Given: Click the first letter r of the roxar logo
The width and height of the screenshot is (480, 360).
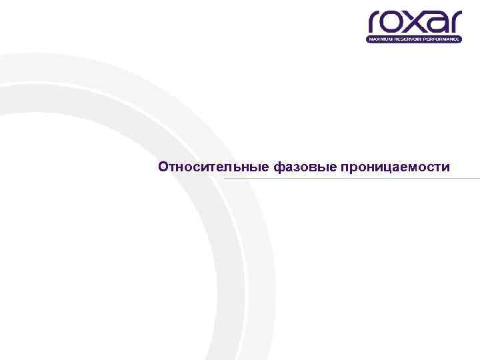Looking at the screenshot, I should [375, 23].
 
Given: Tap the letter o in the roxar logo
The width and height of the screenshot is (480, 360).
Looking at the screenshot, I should [394, 23].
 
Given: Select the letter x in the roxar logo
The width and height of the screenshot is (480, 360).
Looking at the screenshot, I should [415, 23].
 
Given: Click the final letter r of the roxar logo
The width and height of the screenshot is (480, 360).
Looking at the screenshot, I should [454, 23].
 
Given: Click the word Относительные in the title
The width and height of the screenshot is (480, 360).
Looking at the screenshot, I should [213, 167].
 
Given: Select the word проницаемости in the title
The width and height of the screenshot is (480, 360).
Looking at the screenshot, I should [395, 167].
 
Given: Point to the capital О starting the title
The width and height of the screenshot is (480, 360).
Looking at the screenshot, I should [163, 167].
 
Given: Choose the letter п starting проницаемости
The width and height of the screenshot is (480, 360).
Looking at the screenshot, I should [344, 167].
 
